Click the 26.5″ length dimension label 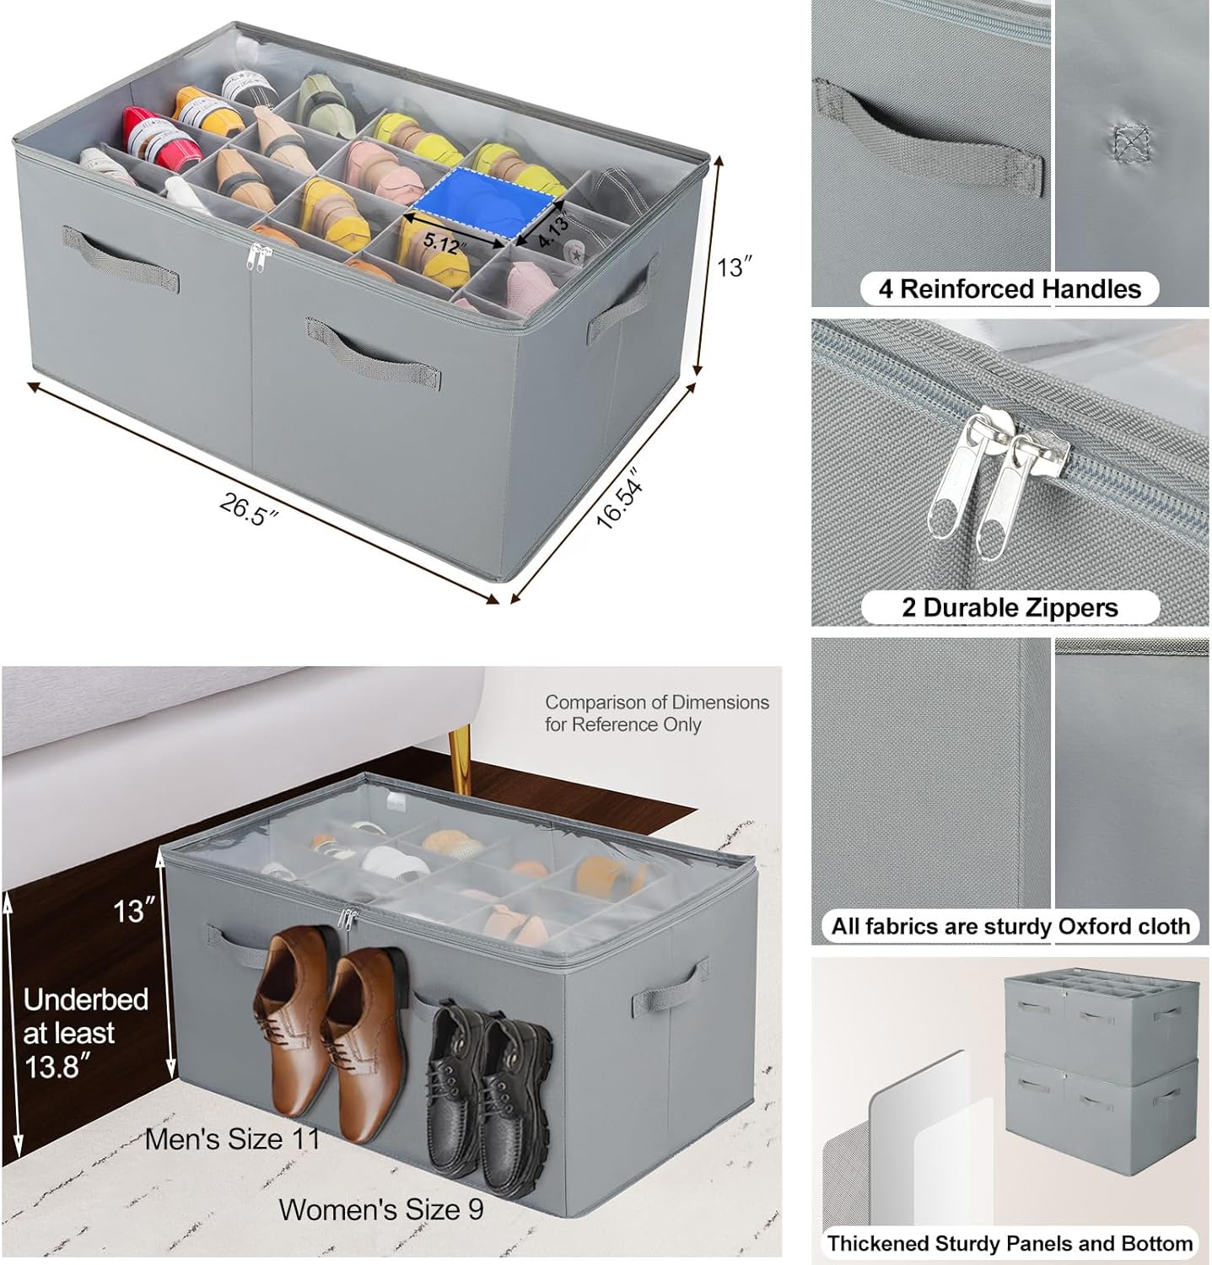click(248, 509)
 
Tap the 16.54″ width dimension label click(620, 503)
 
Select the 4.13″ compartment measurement click(553, 230)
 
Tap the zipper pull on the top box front click(250, 257)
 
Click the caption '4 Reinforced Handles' click(1009, 289)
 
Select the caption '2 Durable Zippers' click(1009, 607)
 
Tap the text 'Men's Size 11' click(233, 1139)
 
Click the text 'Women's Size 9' click(381, 1209)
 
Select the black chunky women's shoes click(489, 1085)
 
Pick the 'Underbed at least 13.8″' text click(84, 1032)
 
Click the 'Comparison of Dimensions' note click(656, 713)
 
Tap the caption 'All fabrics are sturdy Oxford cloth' click(1010, 926)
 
